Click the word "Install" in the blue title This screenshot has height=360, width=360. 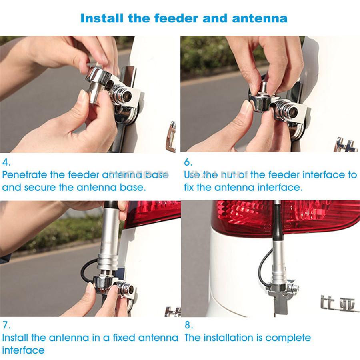pos(102,18)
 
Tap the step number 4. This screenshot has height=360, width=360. pos(6,162)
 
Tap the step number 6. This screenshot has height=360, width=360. pos(188,162)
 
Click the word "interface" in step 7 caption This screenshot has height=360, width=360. pos(23,350)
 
